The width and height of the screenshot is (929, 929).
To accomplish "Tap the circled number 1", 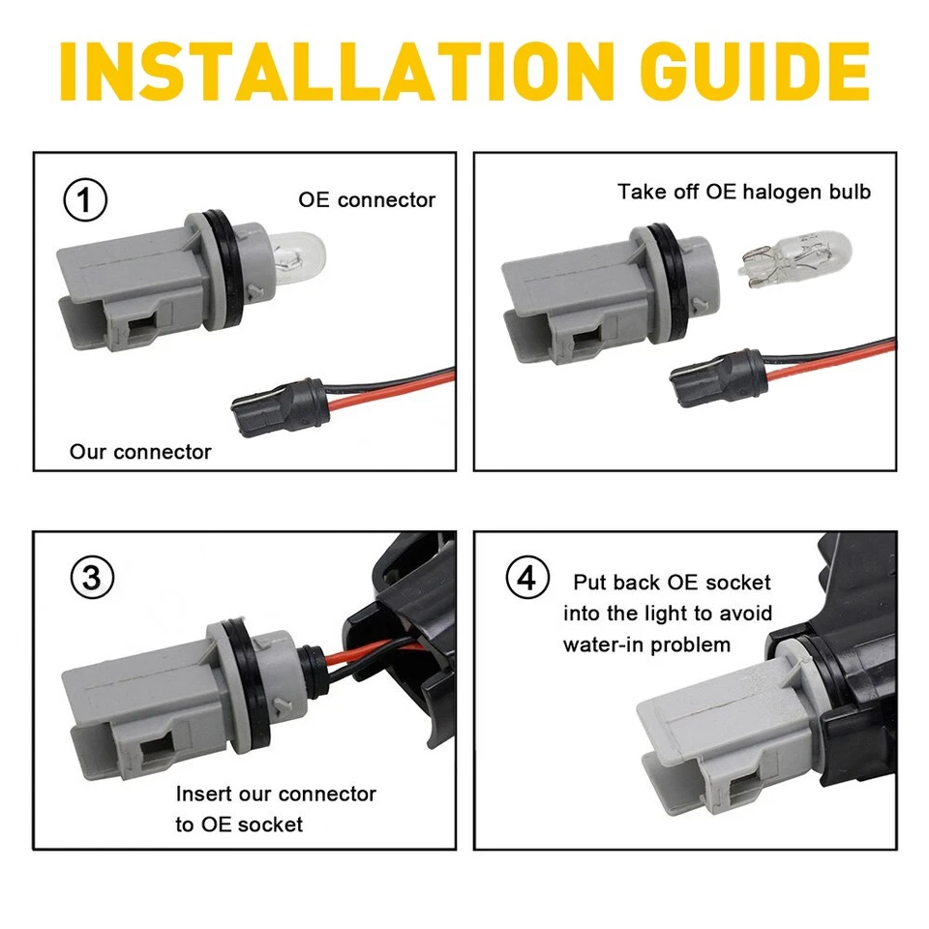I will tap(85, 201).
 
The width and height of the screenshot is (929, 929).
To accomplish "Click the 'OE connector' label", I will tap(366, 200).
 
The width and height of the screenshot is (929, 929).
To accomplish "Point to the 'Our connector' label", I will tap(140, 452).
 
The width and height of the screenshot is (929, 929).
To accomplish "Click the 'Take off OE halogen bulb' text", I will tap(744, 192).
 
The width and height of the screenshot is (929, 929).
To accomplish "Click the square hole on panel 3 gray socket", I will tap(155, 750).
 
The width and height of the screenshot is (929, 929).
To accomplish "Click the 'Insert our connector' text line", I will tap(276, 794).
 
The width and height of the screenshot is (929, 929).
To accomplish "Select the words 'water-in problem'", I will tap(646, 644).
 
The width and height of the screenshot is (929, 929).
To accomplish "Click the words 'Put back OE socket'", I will tap(672, 583).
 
